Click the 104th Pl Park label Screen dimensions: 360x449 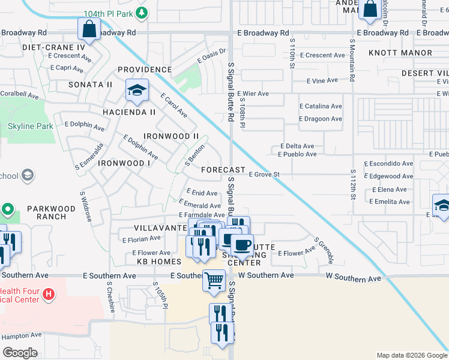coord(109,13)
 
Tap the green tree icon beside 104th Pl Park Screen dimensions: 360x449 coord(142,12)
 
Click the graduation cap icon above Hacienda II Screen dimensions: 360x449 coord(137,91)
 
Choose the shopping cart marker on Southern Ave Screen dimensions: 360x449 coord(214,280)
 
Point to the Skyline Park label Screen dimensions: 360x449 coord(31,126)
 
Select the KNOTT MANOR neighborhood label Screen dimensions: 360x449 coord(400,53)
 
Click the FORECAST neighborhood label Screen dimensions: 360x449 coord(223,170)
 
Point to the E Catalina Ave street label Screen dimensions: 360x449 coord(321,106)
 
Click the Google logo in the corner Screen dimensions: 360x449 coord(20,353)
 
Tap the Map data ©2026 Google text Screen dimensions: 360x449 coord(411,355)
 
